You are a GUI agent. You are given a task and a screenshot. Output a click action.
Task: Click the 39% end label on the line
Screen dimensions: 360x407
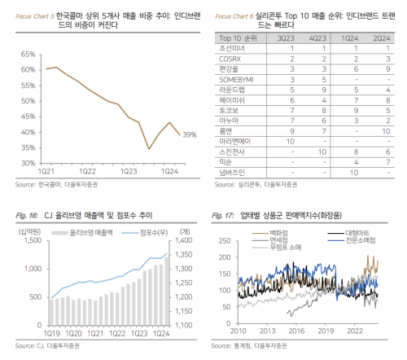point(190,134)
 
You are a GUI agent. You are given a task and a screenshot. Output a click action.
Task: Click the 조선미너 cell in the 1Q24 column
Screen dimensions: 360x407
point(352,50)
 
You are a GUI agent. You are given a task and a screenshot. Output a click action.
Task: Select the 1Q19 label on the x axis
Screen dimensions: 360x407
point(51,332)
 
